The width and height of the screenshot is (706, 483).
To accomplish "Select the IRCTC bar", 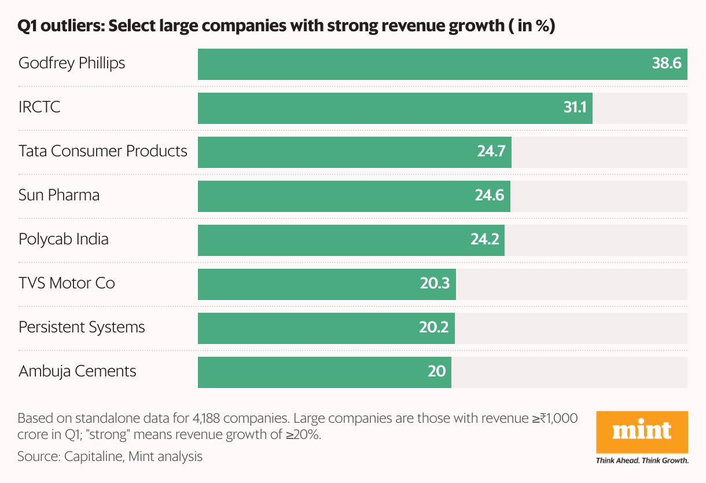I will coord(382,108).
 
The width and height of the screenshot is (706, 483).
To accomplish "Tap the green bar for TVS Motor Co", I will coord(312,284).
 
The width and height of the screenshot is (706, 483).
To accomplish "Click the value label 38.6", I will coord(666,64).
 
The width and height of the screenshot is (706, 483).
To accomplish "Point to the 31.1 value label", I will coord(575,108).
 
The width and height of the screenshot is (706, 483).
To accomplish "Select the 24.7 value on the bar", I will coord(491,152).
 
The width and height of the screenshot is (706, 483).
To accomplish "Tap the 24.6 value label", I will coord(490,196).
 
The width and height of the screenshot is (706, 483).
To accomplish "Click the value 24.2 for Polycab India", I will coord(484,240).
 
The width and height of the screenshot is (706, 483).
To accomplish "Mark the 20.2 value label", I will coord(434,328).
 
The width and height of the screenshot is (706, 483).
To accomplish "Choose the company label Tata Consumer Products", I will coord(103,151).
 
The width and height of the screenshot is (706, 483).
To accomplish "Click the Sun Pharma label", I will coord(59,195).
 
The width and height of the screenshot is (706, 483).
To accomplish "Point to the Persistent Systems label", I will coord(82,327).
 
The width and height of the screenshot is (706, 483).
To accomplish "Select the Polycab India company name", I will coord(64,239).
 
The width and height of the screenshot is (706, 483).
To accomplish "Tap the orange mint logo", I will coord(642,431).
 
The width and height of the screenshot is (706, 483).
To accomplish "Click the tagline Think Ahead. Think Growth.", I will coord(642,461).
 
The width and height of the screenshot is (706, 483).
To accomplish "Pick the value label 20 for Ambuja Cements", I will coord(437,372).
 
